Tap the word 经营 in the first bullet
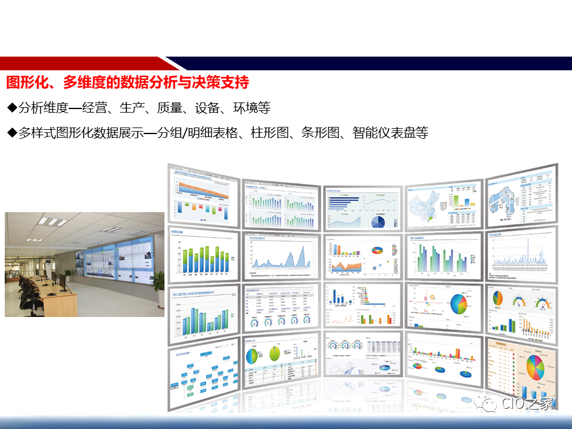point(97,108)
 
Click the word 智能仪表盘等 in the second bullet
point(390,133)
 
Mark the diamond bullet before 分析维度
point(12,108)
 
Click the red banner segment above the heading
point(83,63)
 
